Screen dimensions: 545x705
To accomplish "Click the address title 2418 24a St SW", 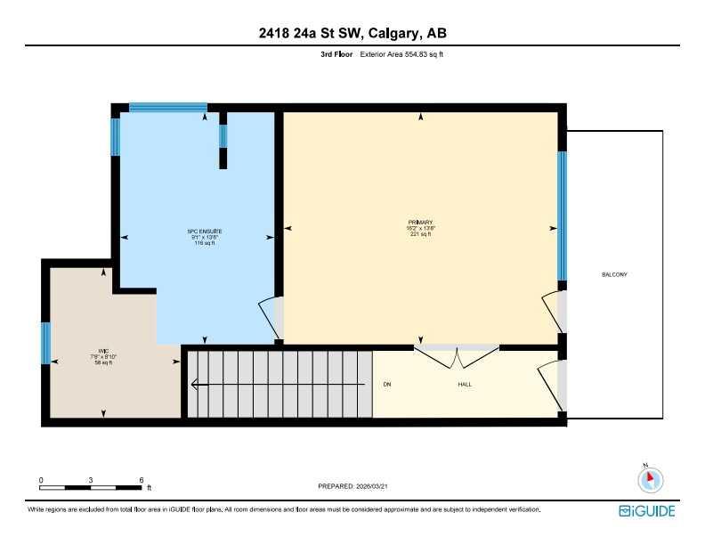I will pyautogui.click(x=352, y=34).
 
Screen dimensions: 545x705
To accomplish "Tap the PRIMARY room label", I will pyautogui.click(x=420, y=222).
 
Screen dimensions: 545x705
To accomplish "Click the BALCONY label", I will pyautogui.click(x=614, y=274).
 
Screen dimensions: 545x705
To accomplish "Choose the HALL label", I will pyautogui.click(x=465, y=385).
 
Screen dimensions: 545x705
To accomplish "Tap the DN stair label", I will pyautogui.click(x=387, y=385).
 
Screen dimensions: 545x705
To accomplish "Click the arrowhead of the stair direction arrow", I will pyautogui.click(x=194, y=385).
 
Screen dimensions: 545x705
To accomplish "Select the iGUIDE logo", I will pyautogui.click(x=647, y=510).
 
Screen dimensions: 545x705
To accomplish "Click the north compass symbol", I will pyautogui.click(x=651, y=479).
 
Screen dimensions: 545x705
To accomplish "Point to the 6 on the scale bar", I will pyautogui.click(x=141, y=480).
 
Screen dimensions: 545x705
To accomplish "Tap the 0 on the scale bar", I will pyautogui.click(x=41, y=480).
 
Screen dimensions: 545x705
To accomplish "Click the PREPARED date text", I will pyautogui.click(x=352, y=486).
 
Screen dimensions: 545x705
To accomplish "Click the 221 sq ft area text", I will pyautogui.click(x=420, y=234).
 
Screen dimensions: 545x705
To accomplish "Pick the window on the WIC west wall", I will pyautogui.click(x=45, y=343).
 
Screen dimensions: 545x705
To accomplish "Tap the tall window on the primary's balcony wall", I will pyautogui.click(x=562, y=216).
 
